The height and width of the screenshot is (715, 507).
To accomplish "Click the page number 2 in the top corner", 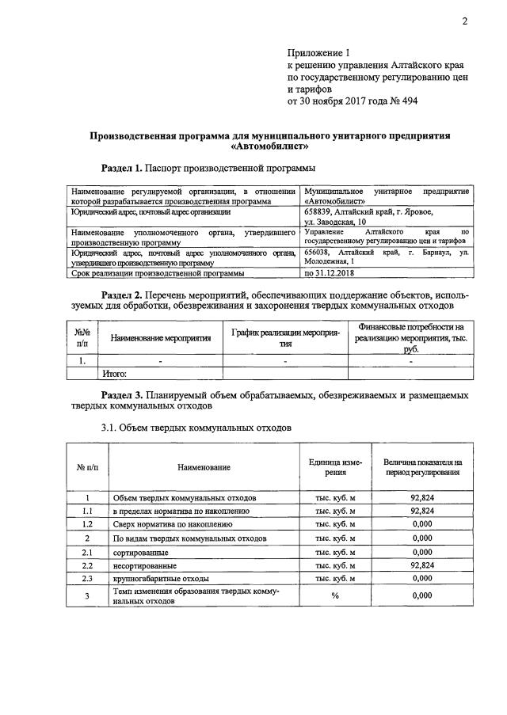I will point(466,21).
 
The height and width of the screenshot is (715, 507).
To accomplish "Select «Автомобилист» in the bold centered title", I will point(269,146).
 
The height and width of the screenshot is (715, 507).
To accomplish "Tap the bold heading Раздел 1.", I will point(122,169).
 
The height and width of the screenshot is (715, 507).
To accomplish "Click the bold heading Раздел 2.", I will point(122,295).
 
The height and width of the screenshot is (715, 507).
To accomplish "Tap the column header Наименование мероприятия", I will point(161,338).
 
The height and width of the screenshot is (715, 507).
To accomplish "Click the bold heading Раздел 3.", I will point(122,394).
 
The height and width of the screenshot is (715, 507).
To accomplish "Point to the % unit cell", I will point(335,595).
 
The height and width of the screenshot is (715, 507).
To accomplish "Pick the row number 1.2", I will point(88,524).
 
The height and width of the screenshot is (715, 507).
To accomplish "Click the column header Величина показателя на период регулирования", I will point(423,466).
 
